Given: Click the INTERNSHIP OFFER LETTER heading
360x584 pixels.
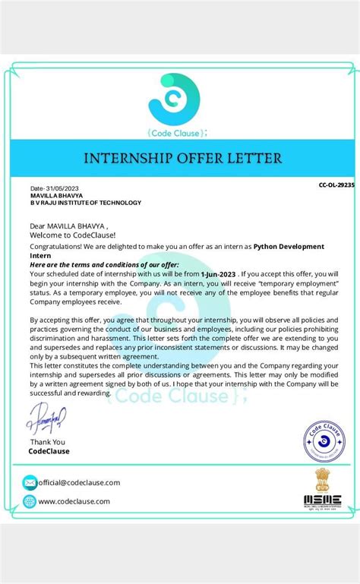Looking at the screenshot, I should pos(181,159).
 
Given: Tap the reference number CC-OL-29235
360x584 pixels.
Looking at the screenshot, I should pos(336,185).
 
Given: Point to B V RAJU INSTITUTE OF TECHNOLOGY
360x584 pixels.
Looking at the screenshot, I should pos(85,203).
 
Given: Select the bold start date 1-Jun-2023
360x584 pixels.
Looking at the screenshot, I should pos(219,272).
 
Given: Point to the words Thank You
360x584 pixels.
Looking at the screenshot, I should pos(47,442).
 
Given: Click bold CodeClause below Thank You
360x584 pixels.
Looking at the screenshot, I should pos(49,451).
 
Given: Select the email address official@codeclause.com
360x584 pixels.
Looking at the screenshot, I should pos(79,482).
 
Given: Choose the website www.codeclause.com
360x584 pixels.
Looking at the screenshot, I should pos(74,501).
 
